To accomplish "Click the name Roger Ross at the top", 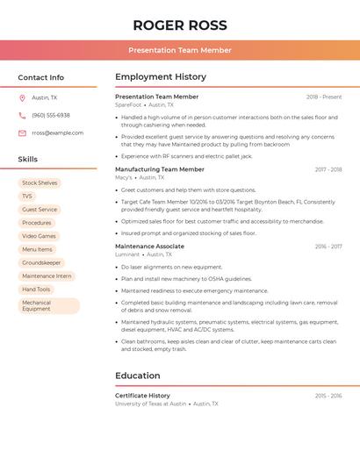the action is [180, 25].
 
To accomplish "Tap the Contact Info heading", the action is [40, 77].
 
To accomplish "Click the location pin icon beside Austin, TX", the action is [22, 98].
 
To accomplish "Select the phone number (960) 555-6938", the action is [51, 115].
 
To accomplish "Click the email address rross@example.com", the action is [58, 132].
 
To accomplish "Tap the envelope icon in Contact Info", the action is [22, 132].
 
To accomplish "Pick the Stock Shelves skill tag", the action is [40, 183].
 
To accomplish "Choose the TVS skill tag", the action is [27, 197].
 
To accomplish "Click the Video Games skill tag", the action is [39, 236].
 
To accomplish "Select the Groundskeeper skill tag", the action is [41, 262].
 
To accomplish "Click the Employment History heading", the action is [161, 77].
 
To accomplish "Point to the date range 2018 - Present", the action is [324, 97].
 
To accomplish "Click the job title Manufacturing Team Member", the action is [160, 169].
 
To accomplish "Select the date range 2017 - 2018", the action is [328, 169].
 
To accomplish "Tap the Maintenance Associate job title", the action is [149, 247].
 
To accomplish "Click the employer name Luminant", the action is [127, 254].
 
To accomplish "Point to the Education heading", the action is [137, 376].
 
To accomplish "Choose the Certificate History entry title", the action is [142, 396].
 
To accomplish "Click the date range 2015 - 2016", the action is [328, 396].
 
